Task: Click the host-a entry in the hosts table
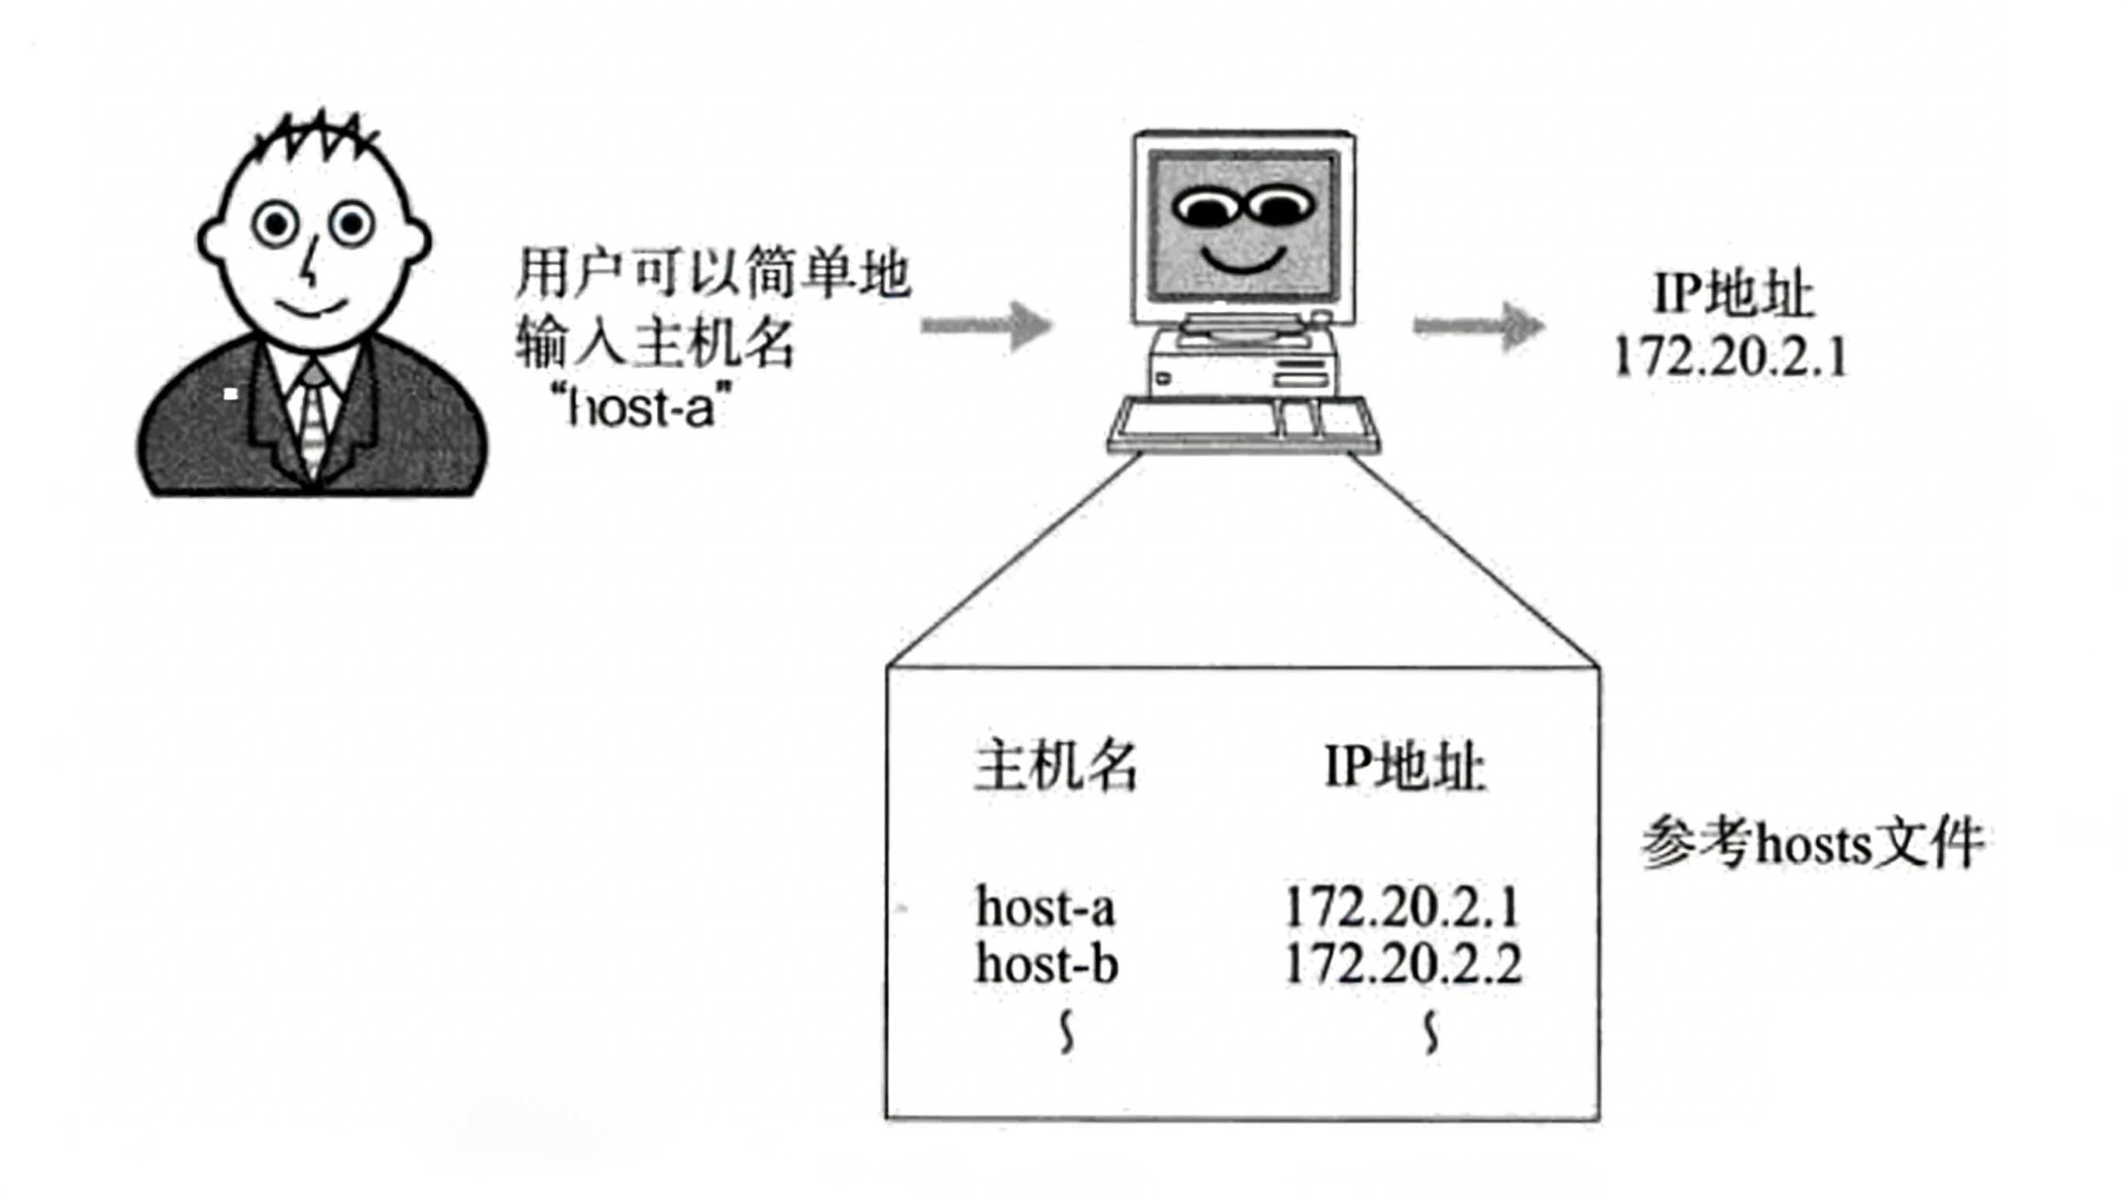pos(1046,907)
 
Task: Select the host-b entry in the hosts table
pos(1046,964)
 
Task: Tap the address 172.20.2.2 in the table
pos(1403,964)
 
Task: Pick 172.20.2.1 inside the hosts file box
pos(1402,907)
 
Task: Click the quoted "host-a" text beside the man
pos(641,407)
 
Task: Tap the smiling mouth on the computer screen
pos(1243,259)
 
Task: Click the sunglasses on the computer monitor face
pos(1243,206)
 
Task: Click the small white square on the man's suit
pos(231,394)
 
